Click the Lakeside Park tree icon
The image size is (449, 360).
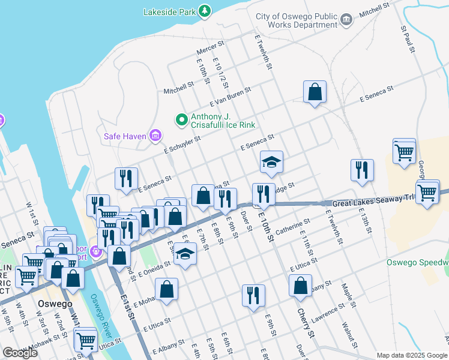point(205,11)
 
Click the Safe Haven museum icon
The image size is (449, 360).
point(155,136)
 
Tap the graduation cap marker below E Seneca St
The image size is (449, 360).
point(271,162)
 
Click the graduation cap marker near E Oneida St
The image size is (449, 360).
point(185,254)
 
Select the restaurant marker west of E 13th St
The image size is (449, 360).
point(362,170)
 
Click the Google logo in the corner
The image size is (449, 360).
point(20,353)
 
